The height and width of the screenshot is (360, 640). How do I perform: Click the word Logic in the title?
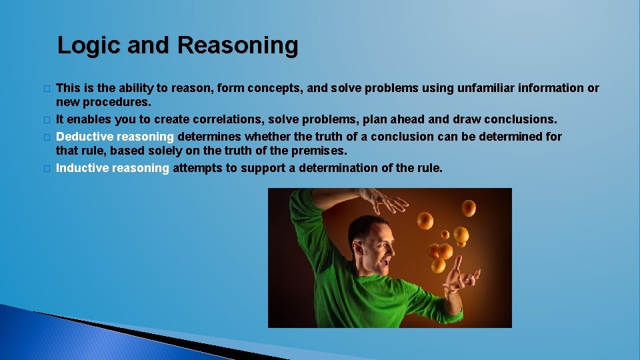[82, 46]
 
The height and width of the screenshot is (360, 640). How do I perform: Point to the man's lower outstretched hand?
[459, 275]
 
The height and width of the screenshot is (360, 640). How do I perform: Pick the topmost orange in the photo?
[469, 209]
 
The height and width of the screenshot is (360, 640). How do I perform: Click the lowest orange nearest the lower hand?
[438, 265]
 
